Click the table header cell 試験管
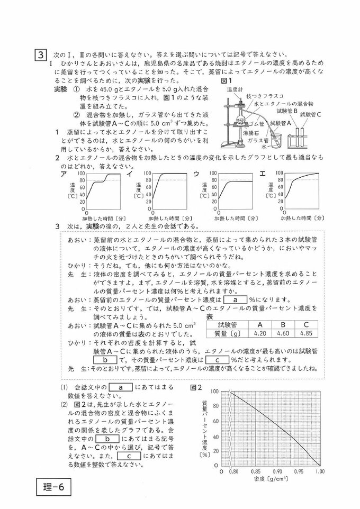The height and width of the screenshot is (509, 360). click(x=227, y=324)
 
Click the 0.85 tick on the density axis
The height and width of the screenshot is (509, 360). click(x=255, y=470)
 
